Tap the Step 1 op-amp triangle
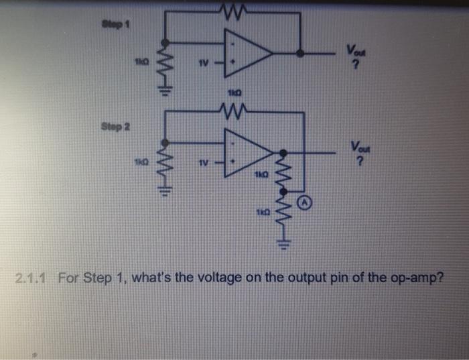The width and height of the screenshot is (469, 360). (249, 52)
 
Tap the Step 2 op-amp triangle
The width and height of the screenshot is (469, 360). (247, 152)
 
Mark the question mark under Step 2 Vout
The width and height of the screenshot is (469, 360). (358, 163)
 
